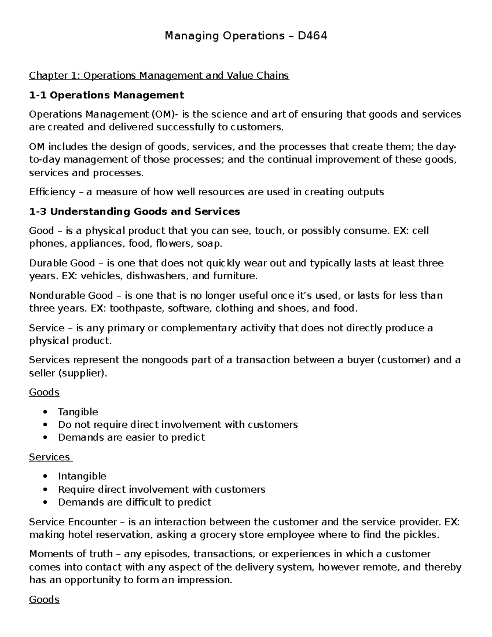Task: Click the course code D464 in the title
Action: point(312,36)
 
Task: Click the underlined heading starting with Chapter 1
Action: point(159,75)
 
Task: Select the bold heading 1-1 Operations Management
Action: point(107,95)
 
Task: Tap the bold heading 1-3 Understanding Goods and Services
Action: point(134,212)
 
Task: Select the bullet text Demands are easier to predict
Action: point(131,438)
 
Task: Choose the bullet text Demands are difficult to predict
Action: point(134,502)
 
